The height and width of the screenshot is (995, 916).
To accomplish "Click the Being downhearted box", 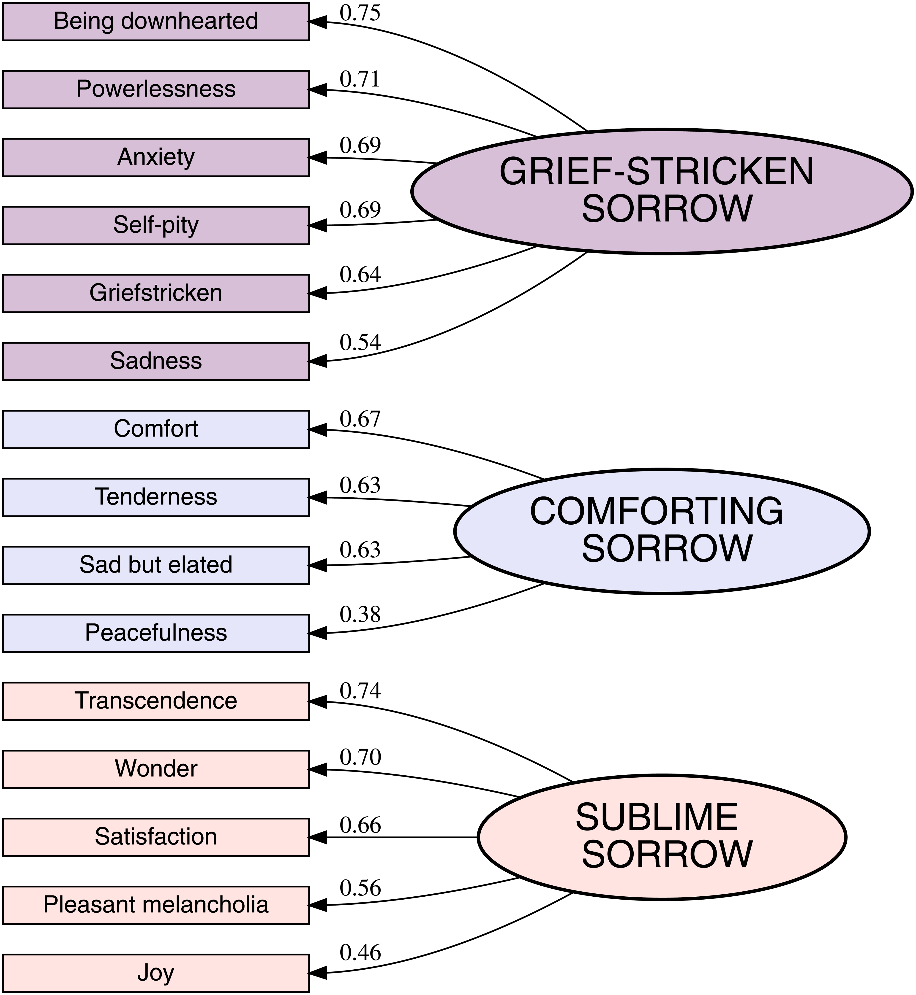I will point(156,21).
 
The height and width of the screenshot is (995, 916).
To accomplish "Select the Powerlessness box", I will point(156,89).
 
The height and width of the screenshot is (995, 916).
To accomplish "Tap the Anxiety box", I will point(156,157).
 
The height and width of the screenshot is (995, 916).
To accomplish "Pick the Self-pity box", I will point(156,225).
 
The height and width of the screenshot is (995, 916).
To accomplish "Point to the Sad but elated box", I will point(156,565).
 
